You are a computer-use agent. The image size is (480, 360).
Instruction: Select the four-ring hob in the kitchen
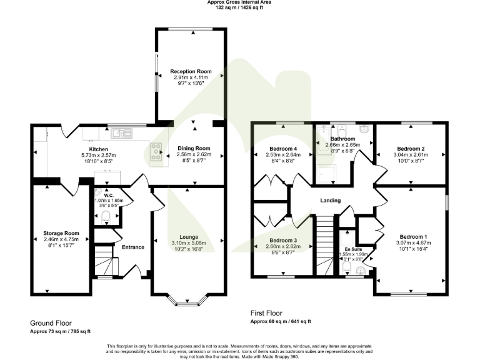pos(155,152)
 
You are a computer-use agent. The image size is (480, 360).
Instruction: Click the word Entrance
pos(132,247)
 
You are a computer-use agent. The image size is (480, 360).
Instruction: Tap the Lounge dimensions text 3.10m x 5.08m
pos(189,243)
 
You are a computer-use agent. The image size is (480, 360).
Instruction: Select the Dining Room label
pos(194,148)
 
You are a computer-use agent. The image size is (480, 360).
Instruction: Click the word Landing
pos(331,201)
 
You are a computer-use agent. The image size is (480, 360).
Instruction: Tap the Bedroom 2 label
pos(410,149)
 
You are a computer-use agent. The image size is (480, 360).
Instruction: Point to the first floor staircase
pos(324,243)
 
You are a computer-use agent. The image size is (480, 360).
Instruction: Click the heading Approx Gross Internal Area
pos(239,3)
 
